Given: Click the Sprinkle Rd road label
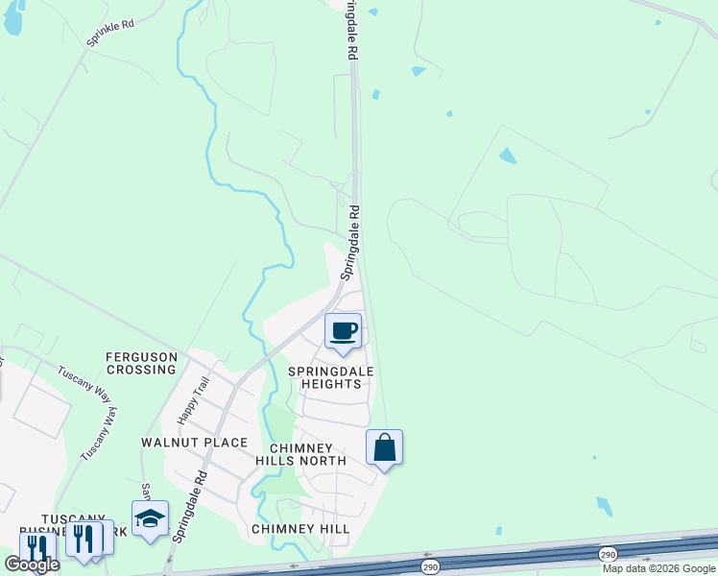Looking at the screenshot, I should coord(110,34).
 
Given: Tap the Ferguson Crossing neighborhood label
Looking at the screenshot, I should coord(142,363).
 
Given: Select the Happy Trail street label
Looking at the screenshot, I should coord(193,400).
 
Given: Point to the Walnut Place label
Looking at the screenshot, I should coord(194,443).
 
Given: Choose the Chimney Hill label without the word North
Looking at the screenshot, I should coord(300,529).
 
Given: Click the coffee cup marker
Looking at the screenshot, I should coord(344,332).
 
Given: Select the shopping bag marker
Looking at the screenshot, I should coord(384,447).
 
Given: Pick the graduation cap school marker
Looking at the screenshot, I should coord(150,519).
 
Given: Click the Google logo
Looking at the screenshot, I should coord(31,564).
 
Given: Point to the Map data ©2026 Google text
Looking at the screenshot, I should coord(659,568).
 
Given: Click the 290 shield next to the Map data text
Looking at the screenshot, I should coord(607,555).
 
